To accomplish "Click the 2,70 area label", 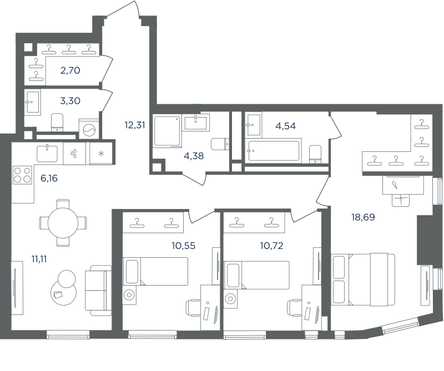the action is coord(70,70).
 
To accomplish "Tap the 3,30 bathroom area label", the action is coord(70,101).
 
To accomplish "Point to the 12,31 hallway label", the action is coord(135,125).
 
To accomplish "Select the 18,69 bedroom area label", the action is coord(363,217).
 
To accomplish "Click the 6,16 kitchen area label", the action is coord(49,178).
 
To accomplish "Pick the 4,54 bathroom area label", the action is coord(286,126).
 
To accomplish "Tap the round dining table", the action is coord(63,223).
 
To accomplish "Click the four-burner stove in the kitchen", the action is coord(22,175).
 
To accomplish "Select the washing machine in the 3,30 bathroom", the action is coord(89,129).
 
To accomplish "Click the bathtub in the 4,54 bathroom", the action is coord(273,151).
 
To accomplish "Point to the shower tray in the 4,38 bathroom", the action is coord(168,131).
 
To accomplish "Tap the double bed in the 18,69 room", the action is coord(363,279).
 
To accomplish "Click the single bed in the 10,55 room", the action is coord(155,271).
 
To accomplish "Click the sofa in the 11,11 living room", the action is coord(98,291).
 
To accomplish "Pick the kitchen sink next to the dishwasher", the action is coord(47,154).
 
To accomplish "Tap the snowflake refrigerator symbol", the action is coord(101,154).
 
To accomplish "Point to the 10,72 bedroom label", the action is coord(271,246).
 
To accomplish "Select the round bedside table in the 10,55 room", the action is coord(129,295).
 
